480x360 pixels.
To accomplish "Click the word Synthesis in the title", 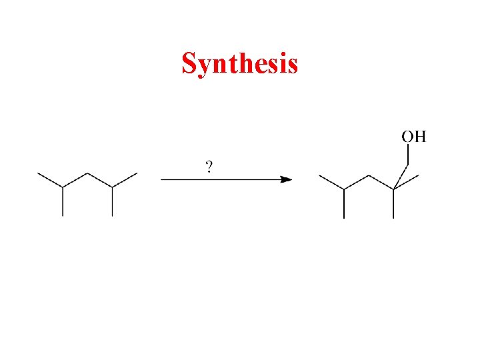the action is [239, 64].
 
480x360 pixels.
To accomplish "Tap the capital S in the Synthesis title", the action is [189, 64].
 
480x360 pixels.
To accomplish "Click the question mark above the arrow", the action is [209, 167].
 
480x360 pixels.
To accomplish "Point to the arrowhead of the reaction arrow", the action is [286, 179].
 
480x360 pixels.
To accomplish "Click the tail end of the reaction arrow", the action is [162, 179].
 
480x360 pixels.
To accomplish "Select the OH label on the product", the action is [413, 137].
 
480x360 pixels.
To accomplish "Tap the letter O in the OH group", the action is [407, 137].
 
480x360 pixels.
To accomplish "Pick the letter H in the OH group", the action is [419, 137].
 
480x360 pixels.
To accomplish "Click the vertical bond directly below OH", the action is [407, 156].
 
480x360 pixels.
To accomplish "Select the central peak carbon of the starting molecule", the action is [87, 173].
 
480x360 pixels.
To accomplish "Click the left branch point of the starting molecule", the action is [63, 188].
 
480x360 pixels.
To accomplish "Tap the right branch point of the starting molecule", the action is [112, 188].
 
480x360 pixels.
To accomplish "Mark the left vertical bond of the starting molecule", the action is [63, 202].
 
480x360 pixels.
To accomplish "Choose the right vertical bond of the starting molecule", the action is [112, 202].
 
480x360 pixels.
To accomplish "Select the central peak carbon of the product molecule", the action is [369, 175].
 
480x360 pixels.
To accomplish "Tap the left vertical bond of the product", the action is [344, 204].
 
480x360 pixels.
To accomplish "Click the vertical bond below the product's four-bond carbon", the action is [393, 204].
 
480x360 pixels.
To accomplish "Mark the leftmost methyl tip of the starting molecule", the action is [38, 173].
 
